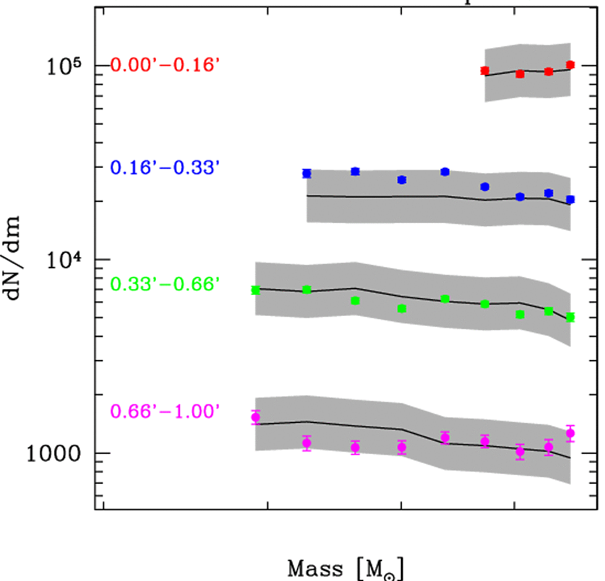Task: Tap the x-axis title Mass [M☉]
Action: pyautogui.click(x=347, y=567)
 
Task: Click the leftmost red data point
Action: pyautogui.click(x=485, y=71)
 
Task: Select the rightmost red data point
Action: pyautogui.click(x=570, y=64)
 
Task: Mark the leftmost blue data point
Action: pyautogui.click(x=307, y=173)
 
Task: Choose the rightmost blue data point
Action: pyautogui.click(x=570, y=199)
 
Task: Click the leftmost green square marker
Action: pyautogui.click(x=255, y=290)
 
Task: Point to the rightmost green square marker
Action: pyautogui.click(x=570, y=317)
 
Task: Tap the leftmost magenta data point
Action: pyautogui.click(x=255, y=417)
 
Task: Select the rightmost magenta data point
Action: pyautogui.click(x=570, y=433)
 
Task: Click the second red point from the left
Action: pyautogui.click(x=520, y=74)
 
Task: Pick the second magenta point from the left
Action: pyautogui.click(x=307, y=443)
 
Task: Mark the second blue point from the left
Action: pyautogui.click(x=355, y=172)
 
